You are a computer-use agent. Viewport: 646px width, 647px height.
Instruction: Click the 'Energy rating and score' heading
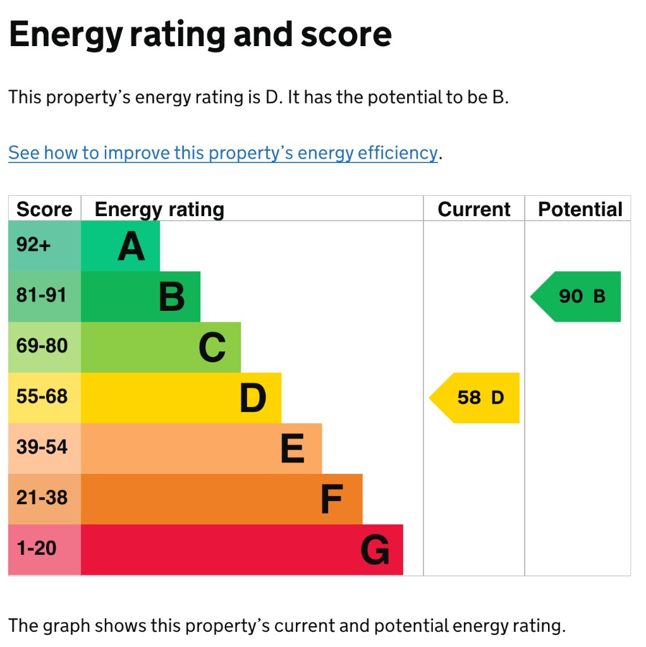[200, 35]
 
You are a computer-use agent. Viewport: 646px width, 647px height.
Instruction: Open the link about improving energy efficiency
[223, 153]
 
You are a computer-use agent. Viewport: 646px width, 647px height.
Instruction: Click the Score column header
[44, 209]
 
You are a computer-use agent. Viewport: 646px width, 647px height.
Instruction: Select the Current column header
[474, 209]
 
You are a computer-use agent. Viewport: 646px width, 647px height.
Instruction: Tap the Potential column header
[580, 209]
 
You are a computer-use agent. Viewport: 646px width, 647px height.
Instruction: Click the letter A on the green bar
[131, 246]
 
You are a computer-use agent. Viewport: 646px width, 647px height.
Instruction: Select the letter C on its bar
[212, 348]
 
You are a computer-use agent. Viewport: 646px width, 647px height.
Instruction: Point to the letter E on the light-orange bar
[292, 449]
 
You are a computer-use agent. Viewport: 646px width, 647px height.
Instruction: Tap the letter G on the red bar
[375, 550]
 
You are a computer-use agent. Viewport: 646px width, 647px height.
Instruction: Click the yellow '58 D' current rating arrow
[474, 398]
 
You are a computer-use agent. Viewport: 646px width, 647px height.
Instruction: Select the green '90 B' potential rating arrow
[575, 296]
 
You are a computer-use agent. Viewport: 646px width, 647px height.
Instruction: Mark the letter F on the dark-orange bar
[332, 499]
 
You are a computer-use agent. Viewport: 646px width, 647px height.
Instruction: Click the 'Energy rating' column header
[159, 210]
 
